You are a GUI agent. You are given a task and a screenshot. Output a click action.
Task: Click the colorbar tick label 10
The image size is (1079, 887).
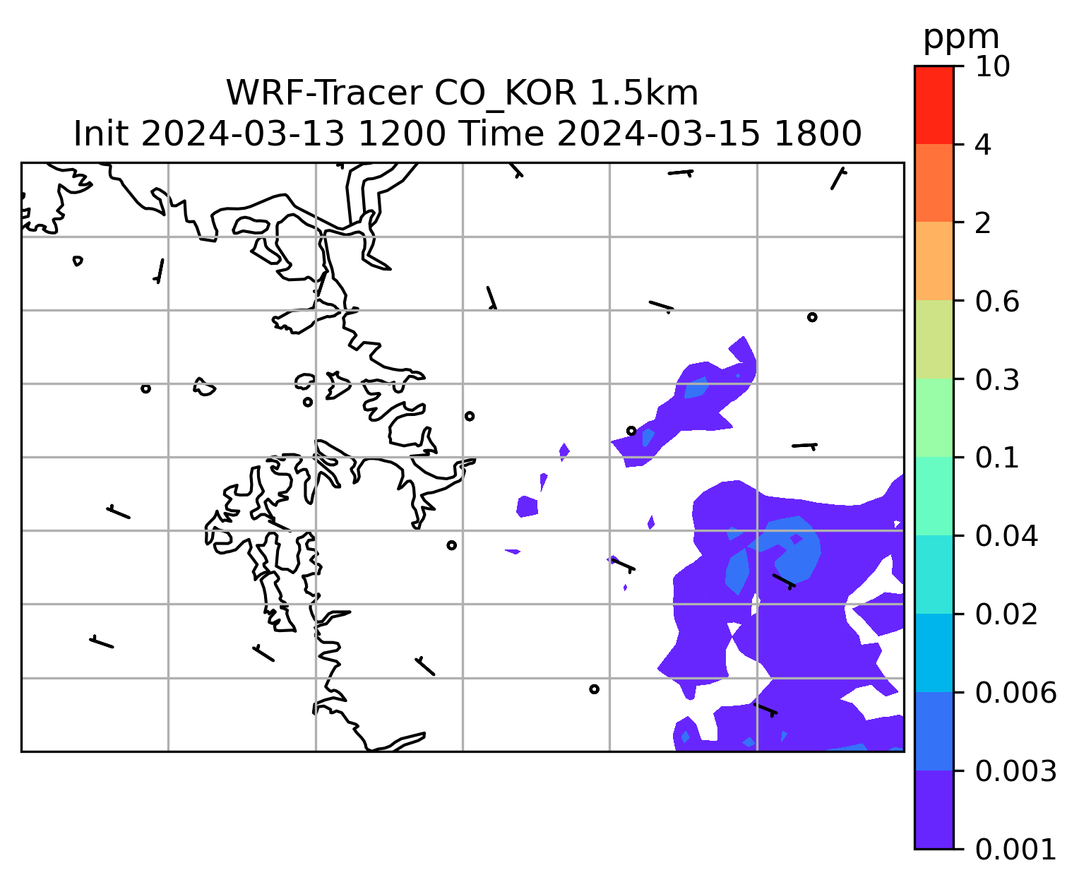pyautogui.click(x=992, y=66)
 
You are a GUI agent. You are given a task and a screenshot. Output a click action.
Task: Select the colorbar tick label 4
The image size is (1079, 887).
pyautogui.click(x=983, y=145)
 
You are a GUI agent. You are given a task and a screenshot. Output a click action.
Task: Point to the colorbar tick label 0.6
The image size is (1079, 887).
pyautogui.click(x=996, y=302)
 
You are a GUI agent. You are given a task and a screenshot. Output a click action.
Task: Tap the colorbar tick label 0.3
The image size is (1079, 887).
pyautogui.click(x=996, y=379)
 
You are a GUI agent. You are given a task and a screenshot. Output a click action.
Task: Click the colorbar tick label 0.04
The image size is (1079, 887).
pyautogui.click(x=1006, y=536)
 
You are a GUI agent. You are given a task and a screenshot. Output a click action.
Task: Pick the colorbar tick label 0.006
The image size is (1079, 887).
pyautogui.click(x=1015, y=693)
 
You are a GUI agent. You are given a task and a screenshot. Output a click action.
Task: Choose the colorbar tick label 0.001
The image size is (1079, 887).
pyautogui.click(x=1015, y=849)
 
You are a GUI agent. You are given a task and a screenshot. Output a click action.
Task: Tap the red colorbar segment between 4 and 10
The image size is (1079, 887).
pyautogui.click(x=934, y=105)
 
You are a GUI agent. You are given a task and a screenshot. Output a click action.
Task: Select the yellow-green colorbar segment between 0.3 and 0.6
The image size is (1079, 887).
pyautogui.click(x=934, y=339)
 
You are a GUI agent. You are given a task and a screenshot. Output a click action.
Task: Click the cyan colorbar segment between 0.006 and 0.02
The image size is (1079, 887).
pyautogui.click(x=934, y=653)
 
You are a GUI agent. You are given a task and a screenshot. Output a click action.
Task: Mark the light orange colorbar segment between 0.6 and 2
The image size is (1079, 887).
pyautogui.click(x=934, y=261)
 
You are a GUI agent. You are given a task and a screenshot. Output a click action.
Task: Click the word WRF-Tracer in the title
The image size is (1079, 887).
pyautogui.click(x=324, y=93)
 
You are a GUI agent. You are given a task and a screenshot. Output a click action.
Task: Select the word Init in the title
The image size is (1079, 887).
pyautogui.click(x=101, y=134)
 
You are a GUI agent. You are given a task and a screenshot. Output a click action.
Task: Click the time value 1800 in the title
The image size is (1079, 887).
pyautogui.click(x=818, y=134)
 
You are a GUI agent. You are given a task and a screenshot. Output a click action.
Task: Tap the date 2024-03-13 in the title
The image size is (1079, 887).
pyautogui.click(x=242, y=134)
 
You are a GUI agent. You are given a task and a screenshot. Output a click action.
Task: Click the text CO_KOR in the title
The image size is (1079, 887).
pyautogui.click(x=506, y=95)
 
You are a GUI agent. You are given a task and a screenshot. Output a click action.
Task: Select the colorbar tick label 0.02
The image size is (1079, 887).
pyautogui.click(x=1006, y=614)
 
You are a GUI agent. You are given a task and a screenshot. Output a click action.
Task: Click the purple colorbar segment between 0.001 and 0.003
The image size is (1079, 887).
pyautogui.click(x=934, y=809)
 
